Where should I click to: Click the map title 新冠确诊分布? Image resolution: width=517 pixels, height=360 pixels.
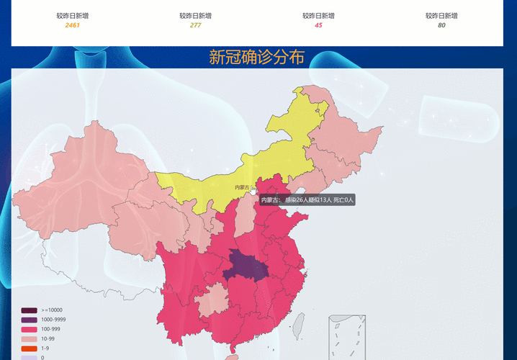(256, 58)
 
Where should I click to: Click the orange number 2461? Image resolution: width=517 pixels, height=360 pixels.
(73, 25)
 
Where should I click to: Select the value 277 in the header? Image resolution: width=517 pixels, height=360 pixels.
(196, 25)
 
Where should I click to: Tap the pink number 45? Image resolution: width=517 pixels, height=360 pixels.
(318, 25)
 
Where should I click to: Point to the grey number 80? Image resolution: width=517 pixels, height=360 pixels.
(441, 25)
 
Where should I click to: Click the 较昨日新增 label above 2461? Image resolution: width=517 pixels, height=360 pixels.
(73, 15)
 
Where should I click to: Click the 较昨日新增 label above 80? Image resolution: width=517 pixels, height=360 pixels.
(441, 15)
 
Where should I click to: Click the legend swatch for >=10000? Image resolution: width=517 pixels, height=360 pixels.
(29, 310)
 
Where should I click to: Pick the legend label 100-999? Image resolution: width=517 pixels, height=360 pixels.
(50, 329)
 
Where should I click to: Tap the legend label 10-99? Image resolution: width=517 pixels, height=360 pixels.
(48, 338)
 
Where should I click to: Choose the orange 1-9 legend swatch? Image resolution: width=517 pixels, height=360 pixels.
(29, 348)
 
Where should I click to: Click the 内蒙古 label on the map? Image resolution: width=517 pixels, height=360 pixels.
(241, 188)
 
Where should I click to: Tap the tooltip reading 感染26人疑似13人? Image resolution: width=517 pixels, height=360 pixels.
(307, 200)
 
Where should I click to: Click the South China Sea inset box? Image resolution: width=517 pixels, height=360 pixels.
(346, 337)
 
